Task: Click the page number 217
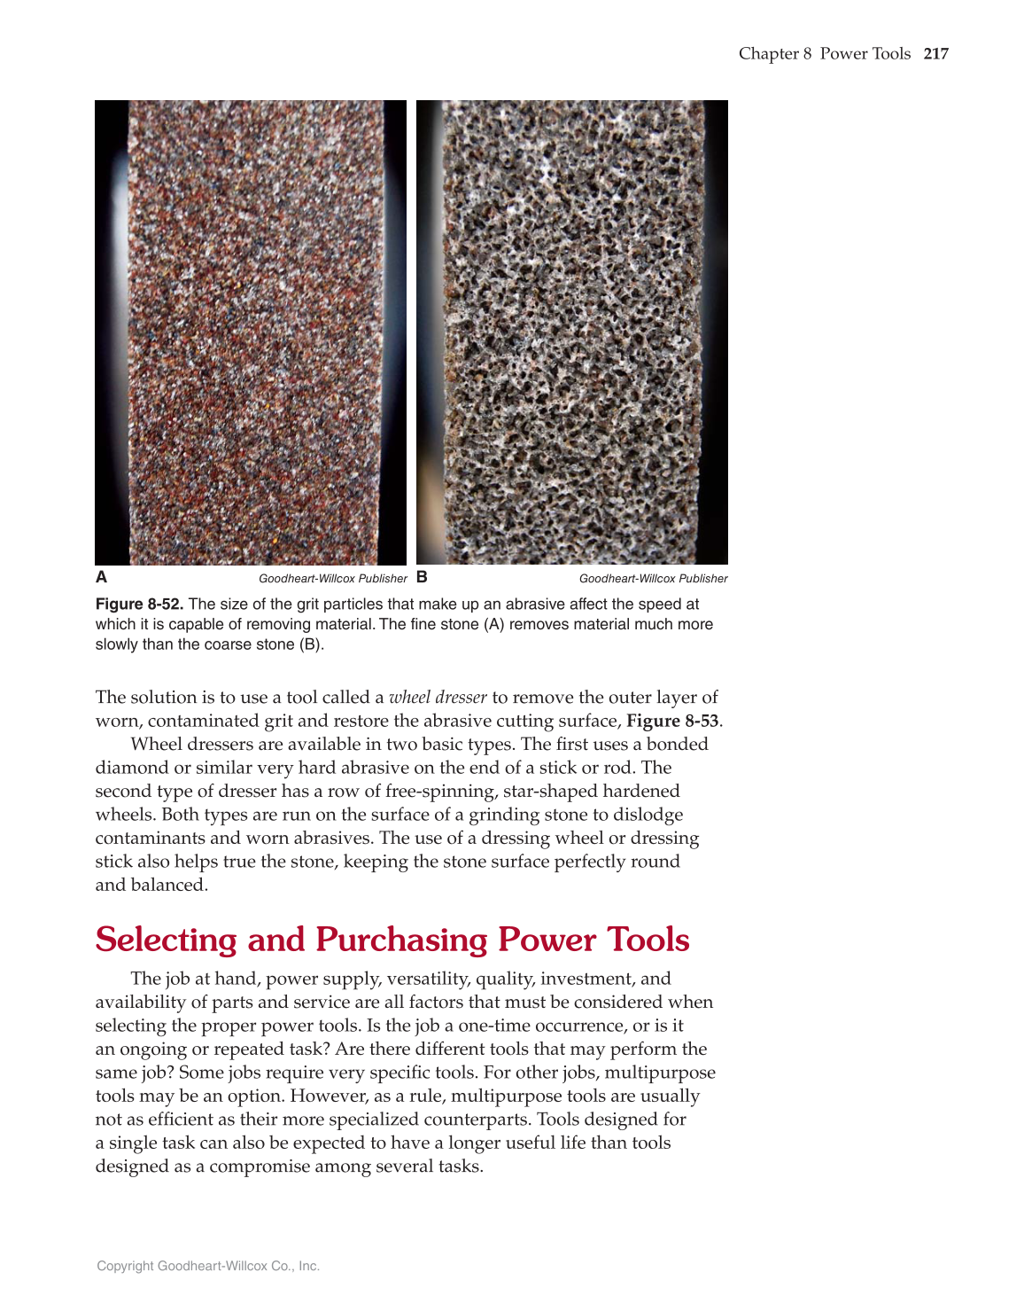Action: (935, 54)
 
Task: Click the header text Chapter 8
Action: (775, 54)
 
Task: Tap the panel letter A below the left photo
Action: (102, 577)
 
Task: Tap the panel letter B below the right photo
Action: (422, 577)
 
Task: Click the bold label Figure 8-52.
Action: (140, 605)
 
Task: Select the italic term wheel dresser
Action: (438, 698)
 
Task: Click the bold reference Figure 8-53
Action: (672, 721)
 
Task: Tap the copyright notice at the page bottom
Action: (208, 1266)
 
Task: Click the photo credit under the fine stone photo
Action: (333, 579)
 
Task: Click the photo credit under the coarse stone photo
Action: (653, 579)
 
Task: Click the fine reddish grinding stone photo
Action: (251, 332)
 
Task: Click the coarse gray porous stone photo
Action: (572, 332)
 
